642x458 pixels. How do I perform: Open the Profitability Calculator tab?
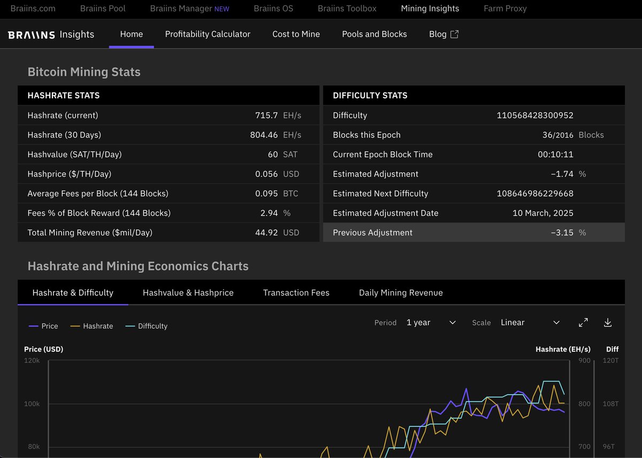(x=208, y=34)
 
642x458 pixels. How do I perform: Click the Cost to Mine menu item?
(x=296, y=34)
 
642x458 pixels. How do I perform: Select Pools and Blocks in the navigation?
(x=374, y=34)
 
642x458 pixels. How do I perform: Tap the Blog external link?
(x=444, y=34)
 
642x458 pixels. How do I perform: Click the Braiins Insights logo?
(x=51, y=35)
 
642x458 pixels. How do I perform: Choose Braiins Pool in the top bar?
(x=103, y=9)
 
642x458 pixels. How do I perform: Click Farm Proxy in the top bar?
(x=505, y=9)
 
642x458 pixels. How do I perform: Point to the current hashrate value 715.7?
(x=266, y=116)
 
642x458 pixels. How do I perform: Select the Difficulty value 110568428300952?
(x=535, y=116)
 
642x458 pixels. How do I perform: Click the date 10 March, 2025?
(x=543, y=213)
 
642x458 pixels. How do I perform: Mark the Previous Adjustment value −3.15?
(x=562, y=233)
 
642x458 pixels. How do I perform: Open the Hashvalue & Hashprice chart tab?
(x=188, y=293)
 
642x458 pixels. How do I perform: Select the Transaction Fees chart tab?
(x=296, y=293)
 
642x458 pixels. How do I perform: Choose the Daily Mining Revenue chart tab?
(x=401, y=293)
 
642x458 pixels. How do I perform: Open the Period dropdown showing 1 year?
(x=431, y=323)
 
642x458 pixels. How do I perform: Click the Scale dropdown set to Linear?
(x=530, y=323)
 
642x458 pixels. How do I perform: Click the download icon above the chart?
(x=607, y=323)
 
